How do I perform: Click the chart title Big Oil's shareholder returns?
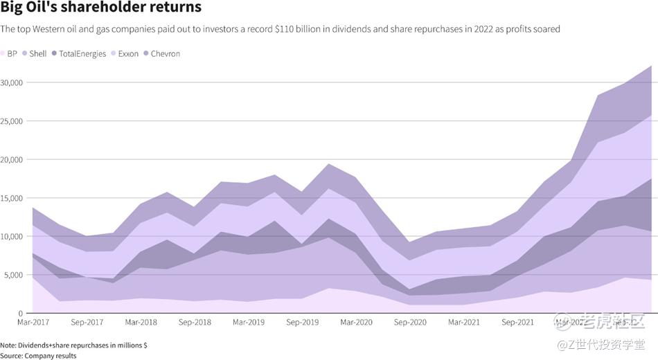coord(101,8)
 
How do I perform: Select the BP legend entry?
coord(10,53)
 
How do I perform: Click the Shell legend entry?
coord(35,53)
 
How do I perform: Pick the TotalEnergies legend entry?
coord(77,53)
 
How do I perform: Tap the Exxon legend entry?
coord(124,53)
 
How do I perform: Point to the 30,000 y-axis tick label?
coord(12,82)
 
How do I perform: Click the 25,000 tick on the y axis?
coord(12,121)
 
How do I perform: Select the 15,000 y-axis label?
coord(12,198)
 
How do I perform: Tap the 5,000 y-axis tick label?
coord(15,275)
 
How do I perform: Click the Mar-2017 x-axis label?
coord(33,323)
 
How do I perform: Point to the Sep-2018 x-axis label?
coord(195,323)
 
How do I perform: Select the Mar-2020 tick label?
coord(357,323)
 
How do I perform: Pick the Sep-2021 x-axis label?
coord(517,323)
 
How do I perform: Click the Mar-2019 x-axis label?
coord(249,323)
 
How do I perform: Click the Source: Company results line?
coord(38,355)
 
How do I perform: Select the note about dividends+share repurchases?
coord(73,345)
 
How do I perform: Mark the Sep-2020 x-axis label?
coord(410,323)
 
